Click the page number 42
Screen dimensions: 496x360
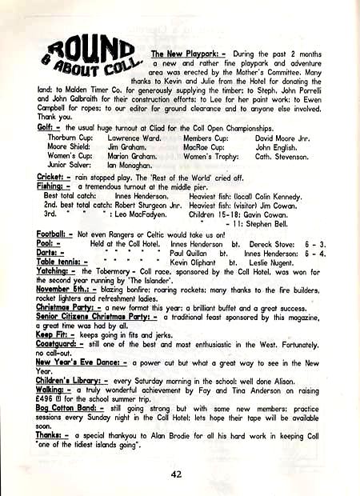[177, 473]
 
